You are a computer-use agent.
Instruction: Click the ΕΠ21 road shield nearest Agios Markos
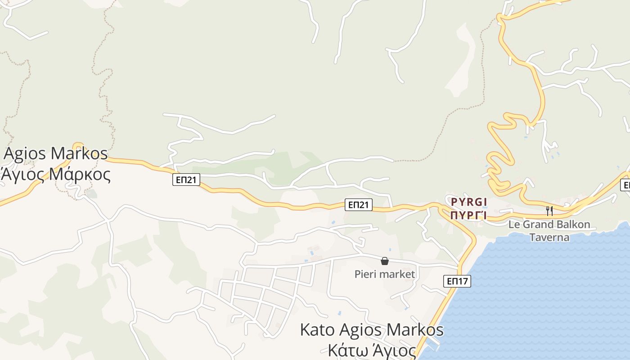click(x=186, y=180)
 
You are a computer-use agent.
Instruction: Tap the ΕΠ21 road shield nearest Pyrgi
click(x=359, y=205)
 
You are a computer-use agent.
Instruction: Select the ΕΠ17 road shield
click(x=457, y=281)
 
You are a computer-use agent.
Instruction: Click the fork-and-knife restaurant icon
click(x=549, y=211)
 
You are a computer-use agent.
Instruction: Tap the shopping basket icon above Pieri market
click(x=385, y=261)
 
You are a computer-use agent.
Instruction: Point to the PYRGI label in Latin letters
click(x=469, y=202)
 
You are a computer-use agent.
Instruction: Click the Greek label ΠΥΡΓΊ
click(x=469, y=215)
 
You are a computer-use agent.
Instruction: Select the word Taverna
click(x=549, y=237)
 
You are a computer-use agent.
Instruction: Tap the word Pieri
click(x=365, y=274)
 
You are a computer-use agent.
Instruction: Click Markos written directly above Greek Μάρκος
click(x=79, y=153)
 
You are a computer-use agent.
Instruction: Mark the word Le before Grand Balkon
click(x=513, y=224)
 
